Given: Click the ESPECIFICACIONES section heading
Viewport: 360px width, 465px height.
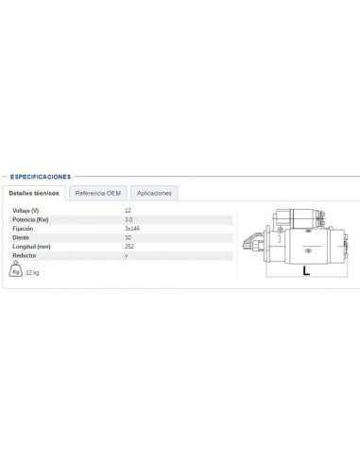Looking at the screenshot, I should (x=41, y=176).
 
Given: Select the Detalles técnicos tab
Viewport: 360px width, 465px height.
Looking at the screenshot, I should (x=34, y=193).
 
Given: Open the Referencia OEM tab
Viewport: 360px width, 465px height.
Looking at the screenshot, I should (x=98, y=193).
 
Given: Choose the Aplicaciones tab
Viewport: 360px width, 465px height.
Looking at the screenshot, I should (x=154, y=193).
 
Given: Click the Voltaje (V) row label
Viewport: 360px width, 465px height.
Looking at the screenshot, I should (x=26, y=209).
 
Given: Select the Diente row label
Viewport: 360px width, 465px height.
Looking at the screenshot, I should (x=20, y=237).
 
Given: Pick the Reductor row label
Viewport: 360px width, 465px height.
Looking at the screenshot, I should (x=24, y=256).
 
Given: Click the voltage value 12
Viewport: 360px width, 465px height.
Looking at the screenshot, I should (x=128, y=209).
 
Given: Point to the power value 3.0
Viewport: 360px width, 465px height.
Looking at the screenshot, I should (x=128, y=218).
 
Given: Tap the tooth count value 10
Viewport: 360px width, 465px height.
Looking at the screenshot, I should (x=128, y=237).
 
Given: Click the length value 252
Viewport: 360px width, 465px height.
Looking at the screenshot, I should (x=129, y=247).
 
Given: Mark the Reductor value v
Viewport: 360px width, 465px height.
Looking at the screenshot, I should (x=126, y=256).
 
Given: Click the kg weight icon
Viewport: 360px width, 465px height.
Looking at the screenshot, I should (x=16, y=271).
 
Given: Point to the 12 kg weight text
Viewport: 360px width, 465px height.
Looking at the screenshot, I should (x=33, y=273).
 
